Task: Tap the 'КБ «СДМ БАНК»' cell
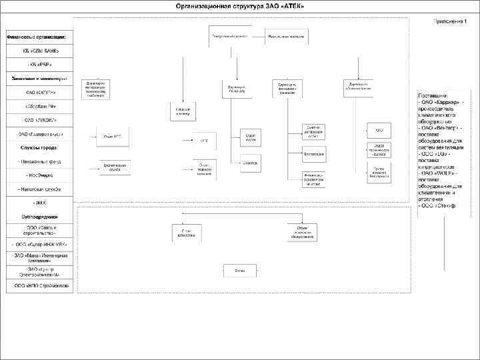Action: (x=41, y=51)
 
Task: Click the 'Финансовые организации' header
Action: (x=41, y=36)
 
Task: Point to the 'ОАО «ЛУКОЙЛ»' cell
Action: (x=41, y=120)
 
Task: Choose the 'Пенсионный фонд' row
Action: (x=41, y=162)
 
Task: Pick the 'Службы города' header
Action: (x=41, y=147)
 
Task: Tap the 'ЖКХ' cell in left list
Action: (x=41, y=203)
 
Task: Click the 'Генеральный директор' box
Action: (x=229, y=36)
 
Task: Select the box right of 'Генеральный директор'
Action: (x=286, y=37)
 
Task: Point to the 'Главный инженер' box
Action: (x=183, y=111)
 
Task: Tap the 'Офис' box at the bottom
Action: (x=239, y=271)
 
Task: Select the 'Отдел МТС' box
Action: (x=111, y=137)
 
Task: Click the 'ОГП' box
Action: (x=205, y=141)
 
